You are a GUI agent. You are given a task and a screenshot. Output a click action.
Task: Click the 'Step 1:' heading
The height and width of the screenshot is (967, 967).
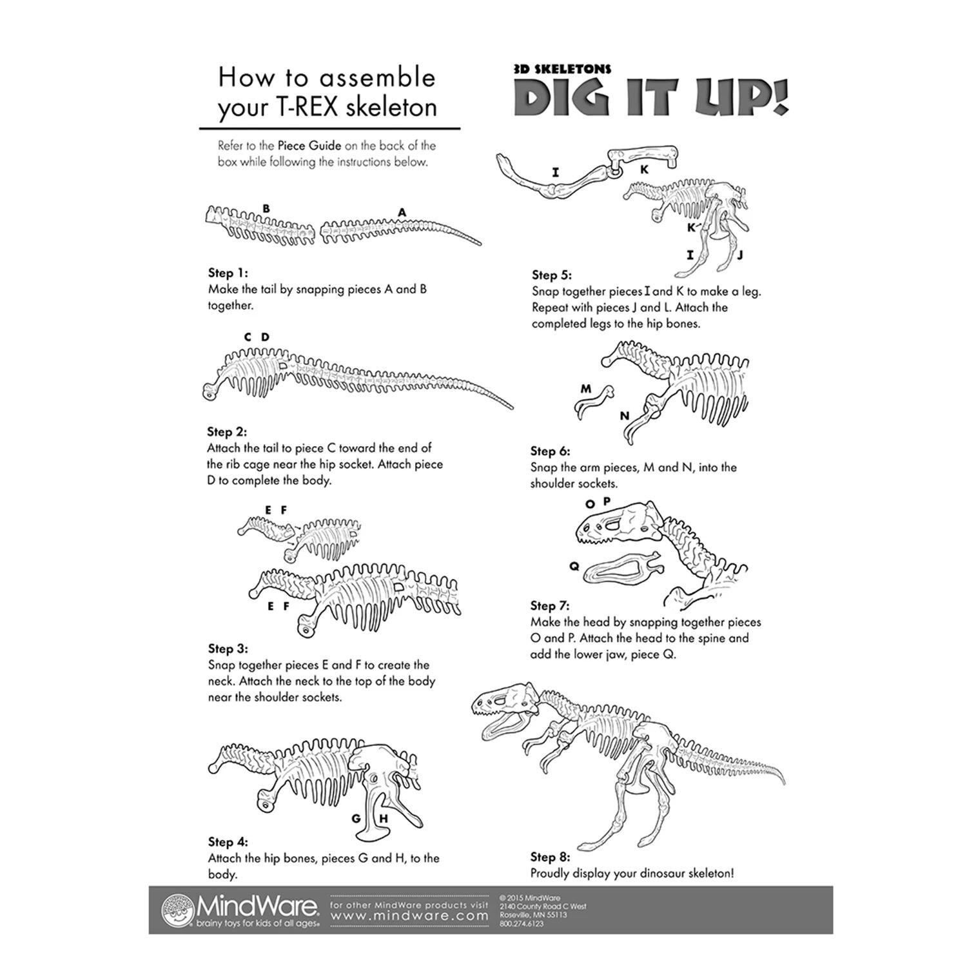click(x=228, y=273)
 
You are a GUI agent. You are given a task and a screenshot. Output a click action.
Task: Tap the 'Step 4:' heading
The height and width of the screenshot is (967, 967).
click(x=228, y=842)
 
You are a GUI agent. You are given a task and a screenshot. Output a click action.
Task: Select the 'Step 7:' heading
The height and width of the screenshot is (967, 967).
click(x=551, y=606)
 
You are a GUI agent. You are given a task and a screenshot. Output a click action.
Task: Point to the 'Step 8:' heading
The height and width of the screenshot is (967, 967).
click(x=551, y=857)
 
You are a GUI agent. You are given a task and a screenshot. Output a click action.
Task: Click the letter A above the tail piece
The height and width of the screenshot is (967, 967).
click(x=402, y=211)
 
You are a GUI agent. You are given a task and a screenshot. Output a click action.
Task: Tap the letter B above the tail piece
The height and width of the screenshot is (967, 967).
click(x=266, y=208)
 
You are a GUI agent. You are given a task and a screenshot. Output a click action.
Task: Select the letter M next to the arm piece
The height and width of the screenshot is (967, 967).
click(x=585, y=389)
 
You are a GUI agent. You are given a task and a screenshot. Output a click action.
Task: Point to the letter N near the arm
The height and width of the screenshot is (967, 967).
click(x=624, y=416)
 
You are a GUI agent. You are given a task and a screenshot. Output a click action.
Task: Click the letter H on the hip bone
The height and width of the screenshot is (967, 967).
click(x=383, y=819)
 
